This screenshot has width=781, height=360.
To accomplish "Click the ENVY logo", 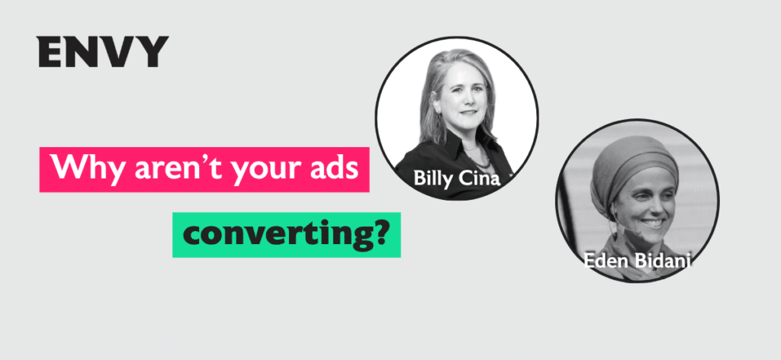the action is (x=103, y=52).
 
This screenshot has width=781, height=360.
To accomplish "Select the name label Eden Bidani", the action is (x=638, y=260).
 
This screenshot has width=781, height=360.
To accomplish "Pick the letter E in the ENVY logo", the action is (x=48, y=52).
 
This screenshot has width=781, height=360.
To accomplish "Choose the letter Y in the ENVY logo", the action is (x=152, y=52).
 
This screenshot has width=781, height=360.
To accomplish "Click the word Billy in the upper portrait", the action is (x=432, y=178).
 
